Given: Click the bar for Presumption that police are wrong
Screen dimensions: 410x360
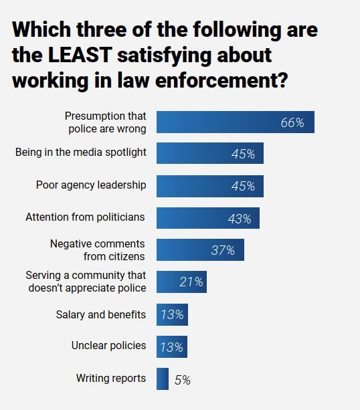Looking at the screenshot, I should coord(235,122).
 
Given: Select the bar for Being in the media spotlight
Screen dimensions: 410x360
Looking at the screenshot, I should coord(209,153).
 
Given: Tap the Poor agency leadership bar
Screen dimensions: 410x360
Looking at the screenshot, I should coord(209,186).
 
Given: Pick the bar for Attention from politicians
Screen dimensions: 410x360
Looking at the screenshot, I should coord(207,218).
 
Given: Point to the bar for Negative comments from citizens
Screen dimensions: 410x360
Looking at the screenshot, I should coord(200,249).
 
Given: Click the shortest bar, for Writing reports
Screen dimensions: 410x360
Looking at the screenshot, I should coord(162,379).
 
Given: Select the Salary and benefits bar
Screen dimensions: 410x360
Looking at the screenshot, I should coord(172,314).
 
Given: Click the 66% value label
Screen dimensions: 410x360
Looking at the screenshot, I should coord(292,123).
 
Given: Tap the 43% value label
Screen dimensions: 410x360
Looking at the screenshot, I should coord(239,219).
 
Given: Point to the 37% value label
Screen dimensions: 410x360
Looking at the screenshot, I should coord(223,250).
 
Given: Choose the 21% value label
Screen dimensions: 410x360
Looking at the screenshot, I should coord(191,282).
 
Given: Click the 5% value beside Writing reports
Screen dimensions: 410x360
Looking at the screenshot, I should coord(182,380).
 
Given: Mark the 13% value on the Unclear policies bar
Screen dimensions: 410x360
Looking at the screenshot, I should coord(171,347).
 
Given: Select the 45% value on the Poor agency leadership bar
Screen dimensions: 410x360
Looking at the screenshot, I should coord(243,187).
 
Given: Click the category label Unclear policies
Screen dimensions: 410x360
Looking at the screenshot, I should coord(108,346).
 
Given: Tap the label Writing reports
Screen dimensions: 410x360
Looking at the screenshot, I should coord(111,379).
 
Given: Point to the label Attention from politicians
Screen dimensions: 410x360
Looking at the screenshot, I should coord(86,217).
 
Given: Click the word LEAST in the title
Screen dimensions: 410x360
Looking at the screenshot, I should coord(84,55).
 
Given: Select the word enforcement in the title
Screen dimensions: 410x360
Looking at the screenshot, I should coord(221,80).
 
